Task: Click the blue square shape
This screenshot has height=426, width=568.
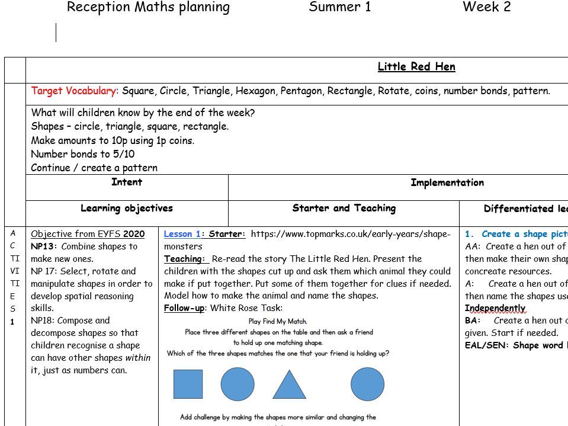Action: click(188, 384)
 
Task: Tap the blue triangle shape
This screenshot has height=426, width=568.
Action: click(289, 385)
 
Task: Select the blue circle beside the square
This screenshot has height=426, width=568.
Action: click(238, 384)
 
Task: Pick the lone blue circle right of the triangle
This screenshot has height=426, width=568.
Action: click(367, 384)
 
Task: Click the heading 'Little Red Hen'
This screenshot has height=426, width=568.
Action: click(416, 67)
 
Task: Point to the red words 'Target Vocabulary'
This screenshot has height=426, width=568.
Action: click(73, 91)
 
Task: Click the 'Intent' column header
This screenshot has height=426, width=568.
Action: click(127, 182)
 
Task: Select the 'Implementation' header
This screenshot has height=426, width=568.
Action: click(447, 183)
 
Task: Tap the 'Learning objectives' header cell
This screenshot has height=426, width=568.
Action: click(127, 209)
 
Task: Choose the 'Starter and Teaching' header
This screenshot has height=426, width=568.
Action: click(344, 209)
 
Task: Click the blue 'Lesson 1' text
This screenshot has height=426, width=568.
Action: click(182, 234)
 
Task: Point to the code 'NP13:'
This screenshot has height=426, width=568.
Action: click(44, 246)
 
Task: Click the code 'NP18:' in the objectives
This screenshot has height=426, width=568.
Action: click(44, 321)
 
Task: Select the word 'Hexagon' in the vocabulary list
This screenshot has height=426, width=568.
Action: click(255, 91)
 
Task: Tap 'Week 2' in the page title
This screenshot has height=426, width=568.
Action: click(486, 8)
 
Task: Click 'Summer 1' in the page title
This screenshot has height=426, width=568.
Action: click(340, 8)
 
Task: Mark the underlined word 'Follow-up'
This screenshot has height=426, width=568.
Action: click(184, 308)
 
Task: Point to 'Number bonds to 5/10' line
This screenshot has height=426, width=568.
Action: click(83, 154)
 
